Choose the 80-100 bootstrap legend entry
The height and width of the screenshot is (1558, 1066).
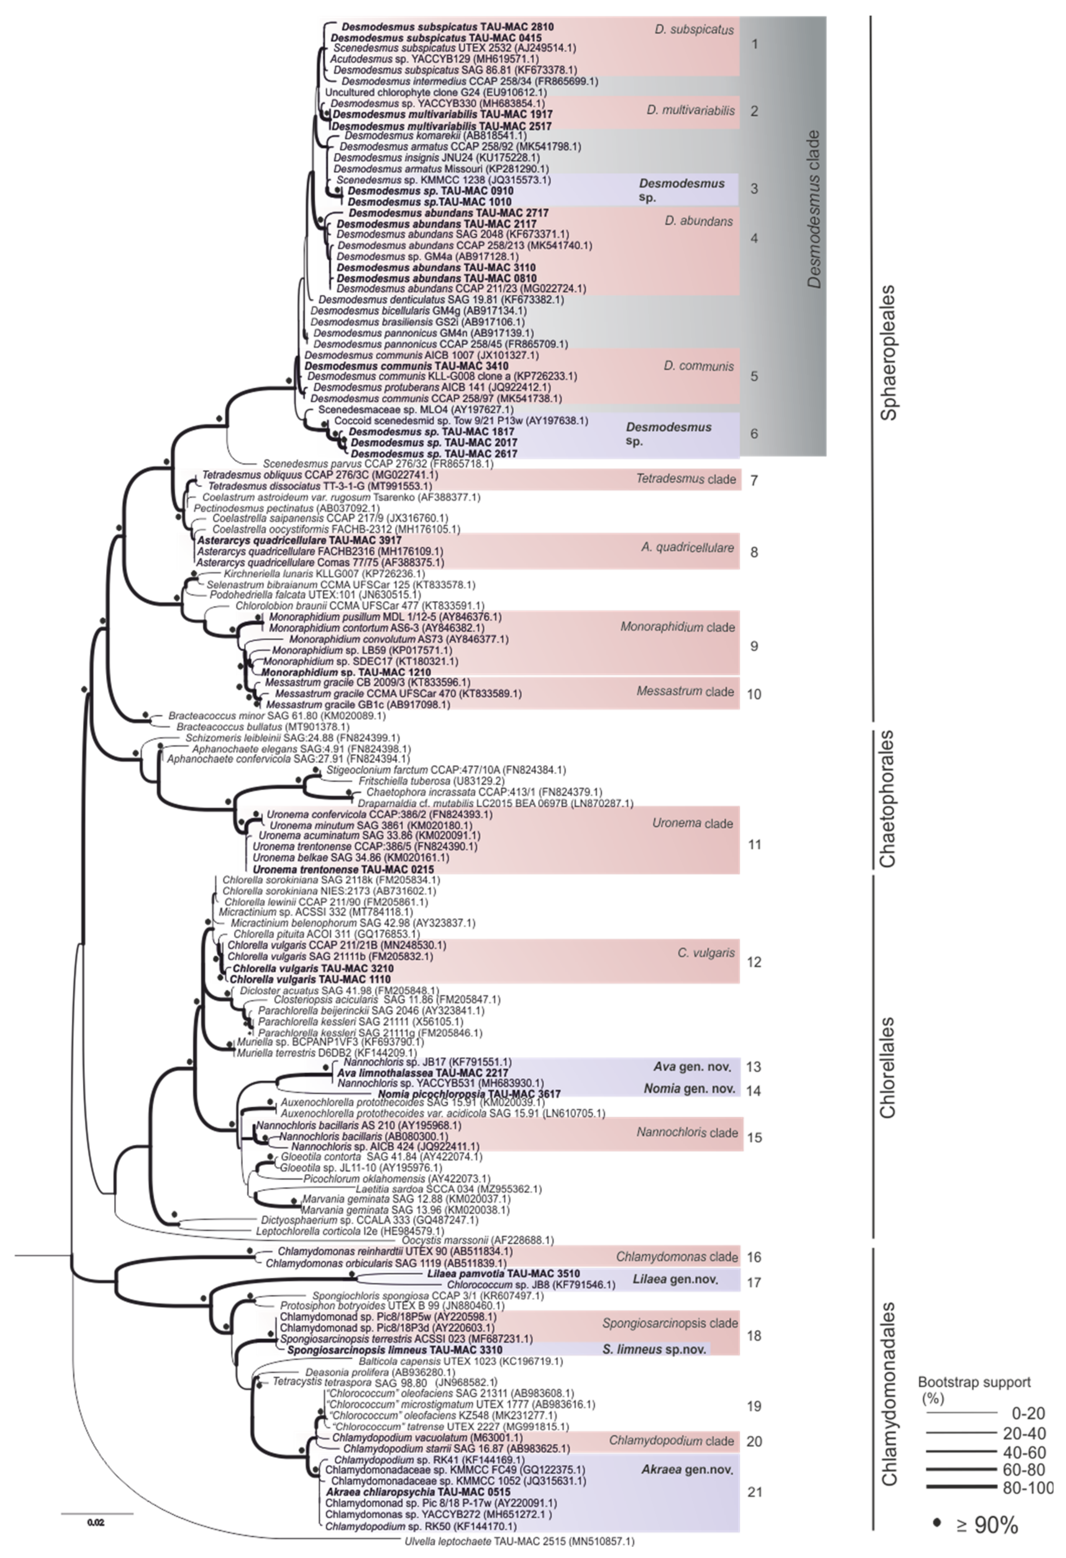click(1026, 1486)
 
